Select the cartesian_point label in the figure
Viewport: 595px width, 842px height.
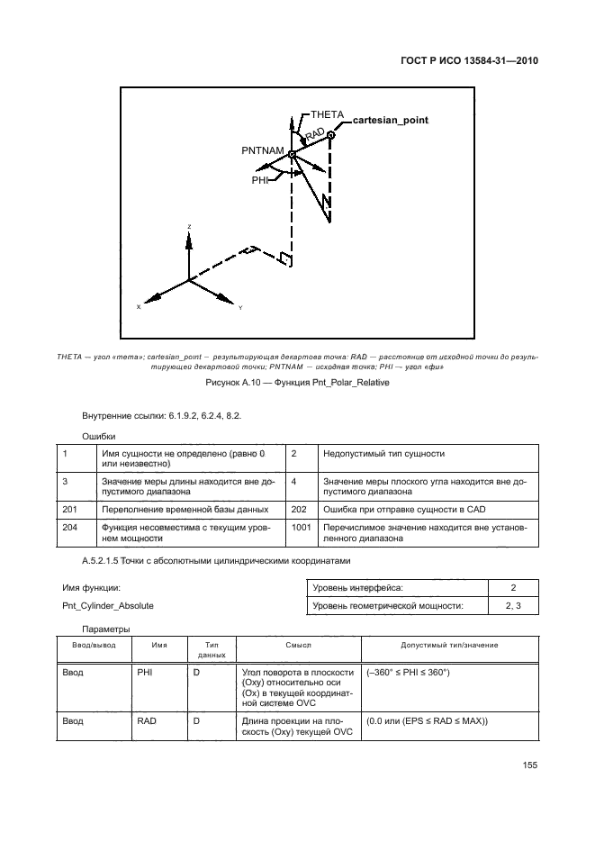(390, 120)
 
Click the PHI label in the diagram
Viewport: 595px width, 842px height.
(260, 180)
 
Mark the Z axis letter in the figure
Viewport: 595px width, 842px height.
(188, 226)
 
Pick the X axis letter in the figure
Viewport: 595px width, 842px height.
(139, 307)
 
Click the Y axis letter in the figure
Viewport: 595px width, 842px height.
(240, 308)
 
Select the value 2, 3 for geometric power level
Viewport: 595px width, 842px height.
(514, 606)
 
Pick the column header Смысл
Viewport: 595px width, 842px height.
(298, 647)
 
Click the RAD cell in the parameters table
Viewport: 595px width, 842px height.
(147, 721)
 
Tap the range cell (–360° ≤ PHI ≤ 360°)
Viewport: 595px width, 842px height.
(409, 673)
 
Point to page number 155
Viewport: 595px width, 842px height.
(529, 765)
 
